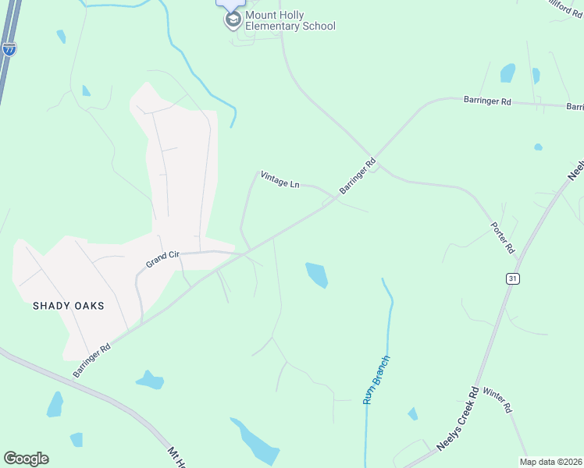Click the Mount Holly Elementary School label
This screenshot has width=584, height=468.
290,21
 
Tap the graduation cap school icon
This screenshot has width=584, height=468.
233,19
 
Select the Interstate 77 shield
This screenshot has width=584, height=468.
9,48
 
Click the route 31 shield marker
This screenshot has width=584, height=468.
512,278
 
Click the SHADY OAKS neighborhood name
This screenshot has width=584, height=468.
68,306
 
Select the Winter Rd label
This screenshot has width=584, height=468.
497,399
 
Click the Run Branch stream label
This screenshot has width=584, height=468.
376,380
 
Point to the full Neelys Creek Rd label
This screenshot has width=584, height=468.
458,418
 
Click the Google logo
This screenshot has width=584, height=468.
26,459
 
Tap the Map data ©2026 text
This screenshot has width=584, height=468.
551,462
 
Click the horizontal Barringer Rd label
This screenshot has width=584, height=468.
486,101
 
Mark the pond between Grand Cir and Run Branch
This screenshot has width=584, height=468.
316,275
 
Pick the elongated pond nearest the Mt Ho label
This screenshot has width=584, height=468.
255,441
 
